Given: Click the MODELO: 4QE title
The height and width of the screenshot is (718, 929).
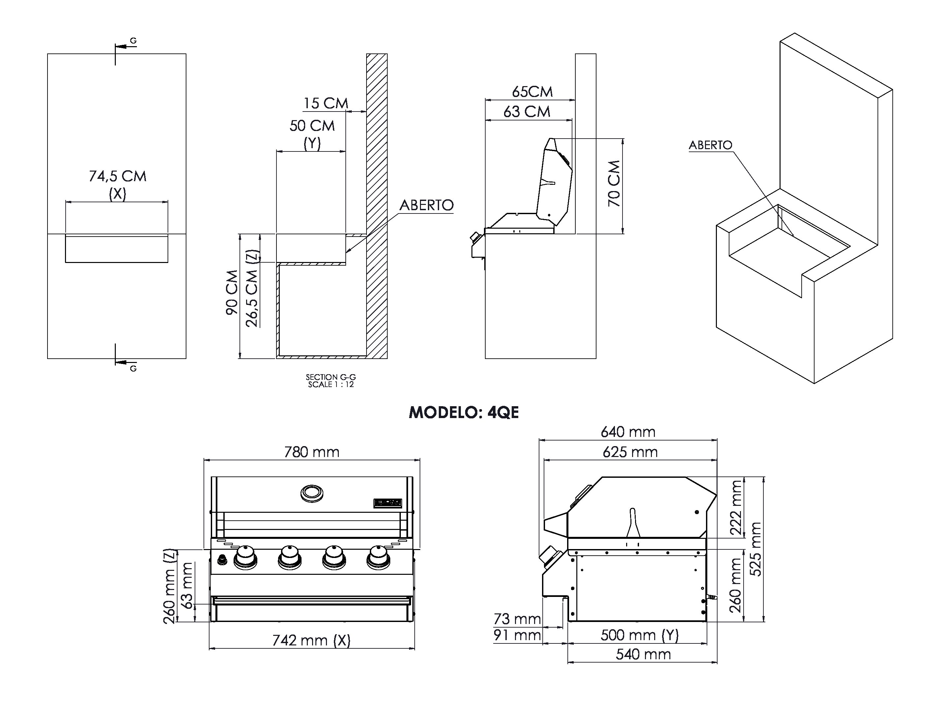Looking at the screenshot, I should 464,412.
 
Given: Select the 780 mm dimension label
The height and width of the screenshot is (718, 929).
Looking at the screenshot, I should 312,452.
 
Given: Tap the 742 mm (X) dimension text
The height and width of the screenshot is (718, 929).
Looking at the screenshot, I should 311,640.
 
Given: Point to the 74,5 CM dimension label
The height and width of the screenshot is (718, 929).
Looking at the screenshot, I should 117,176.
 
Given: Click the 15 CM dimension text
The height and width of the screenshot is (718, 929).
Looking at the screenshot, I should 325,103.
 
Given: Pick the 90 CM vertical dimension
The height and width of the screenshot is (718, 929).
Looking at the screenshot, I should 232,292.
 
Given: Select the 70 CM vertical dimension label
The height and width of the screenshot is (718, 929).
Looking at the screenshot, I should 614,183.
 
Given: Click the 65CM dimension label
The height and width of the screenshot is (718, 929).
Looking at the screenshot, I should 532,91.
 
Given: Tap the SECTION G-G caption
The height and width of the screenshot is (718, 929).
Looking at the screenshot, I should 331,377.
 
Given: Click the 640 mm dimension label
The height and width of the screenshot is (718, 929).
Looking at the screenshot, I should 628,432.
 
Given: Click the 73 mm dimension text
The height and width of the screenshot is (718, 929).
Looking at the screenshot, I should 517,619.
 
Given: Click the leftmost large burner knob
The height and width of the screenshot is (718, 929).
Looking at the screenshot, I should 245,557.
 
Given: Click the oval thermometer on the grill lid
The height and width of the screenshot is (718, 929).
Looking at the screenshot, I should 312,493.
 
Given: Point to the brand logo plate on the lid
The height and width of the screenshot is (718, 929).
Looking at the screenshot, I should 388,503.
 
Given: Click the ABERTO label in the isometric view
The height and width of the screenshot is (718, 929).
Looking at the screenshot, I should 710,145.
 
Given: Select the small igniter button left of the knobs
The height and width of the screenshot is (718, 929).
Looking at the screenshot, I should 222,560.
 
